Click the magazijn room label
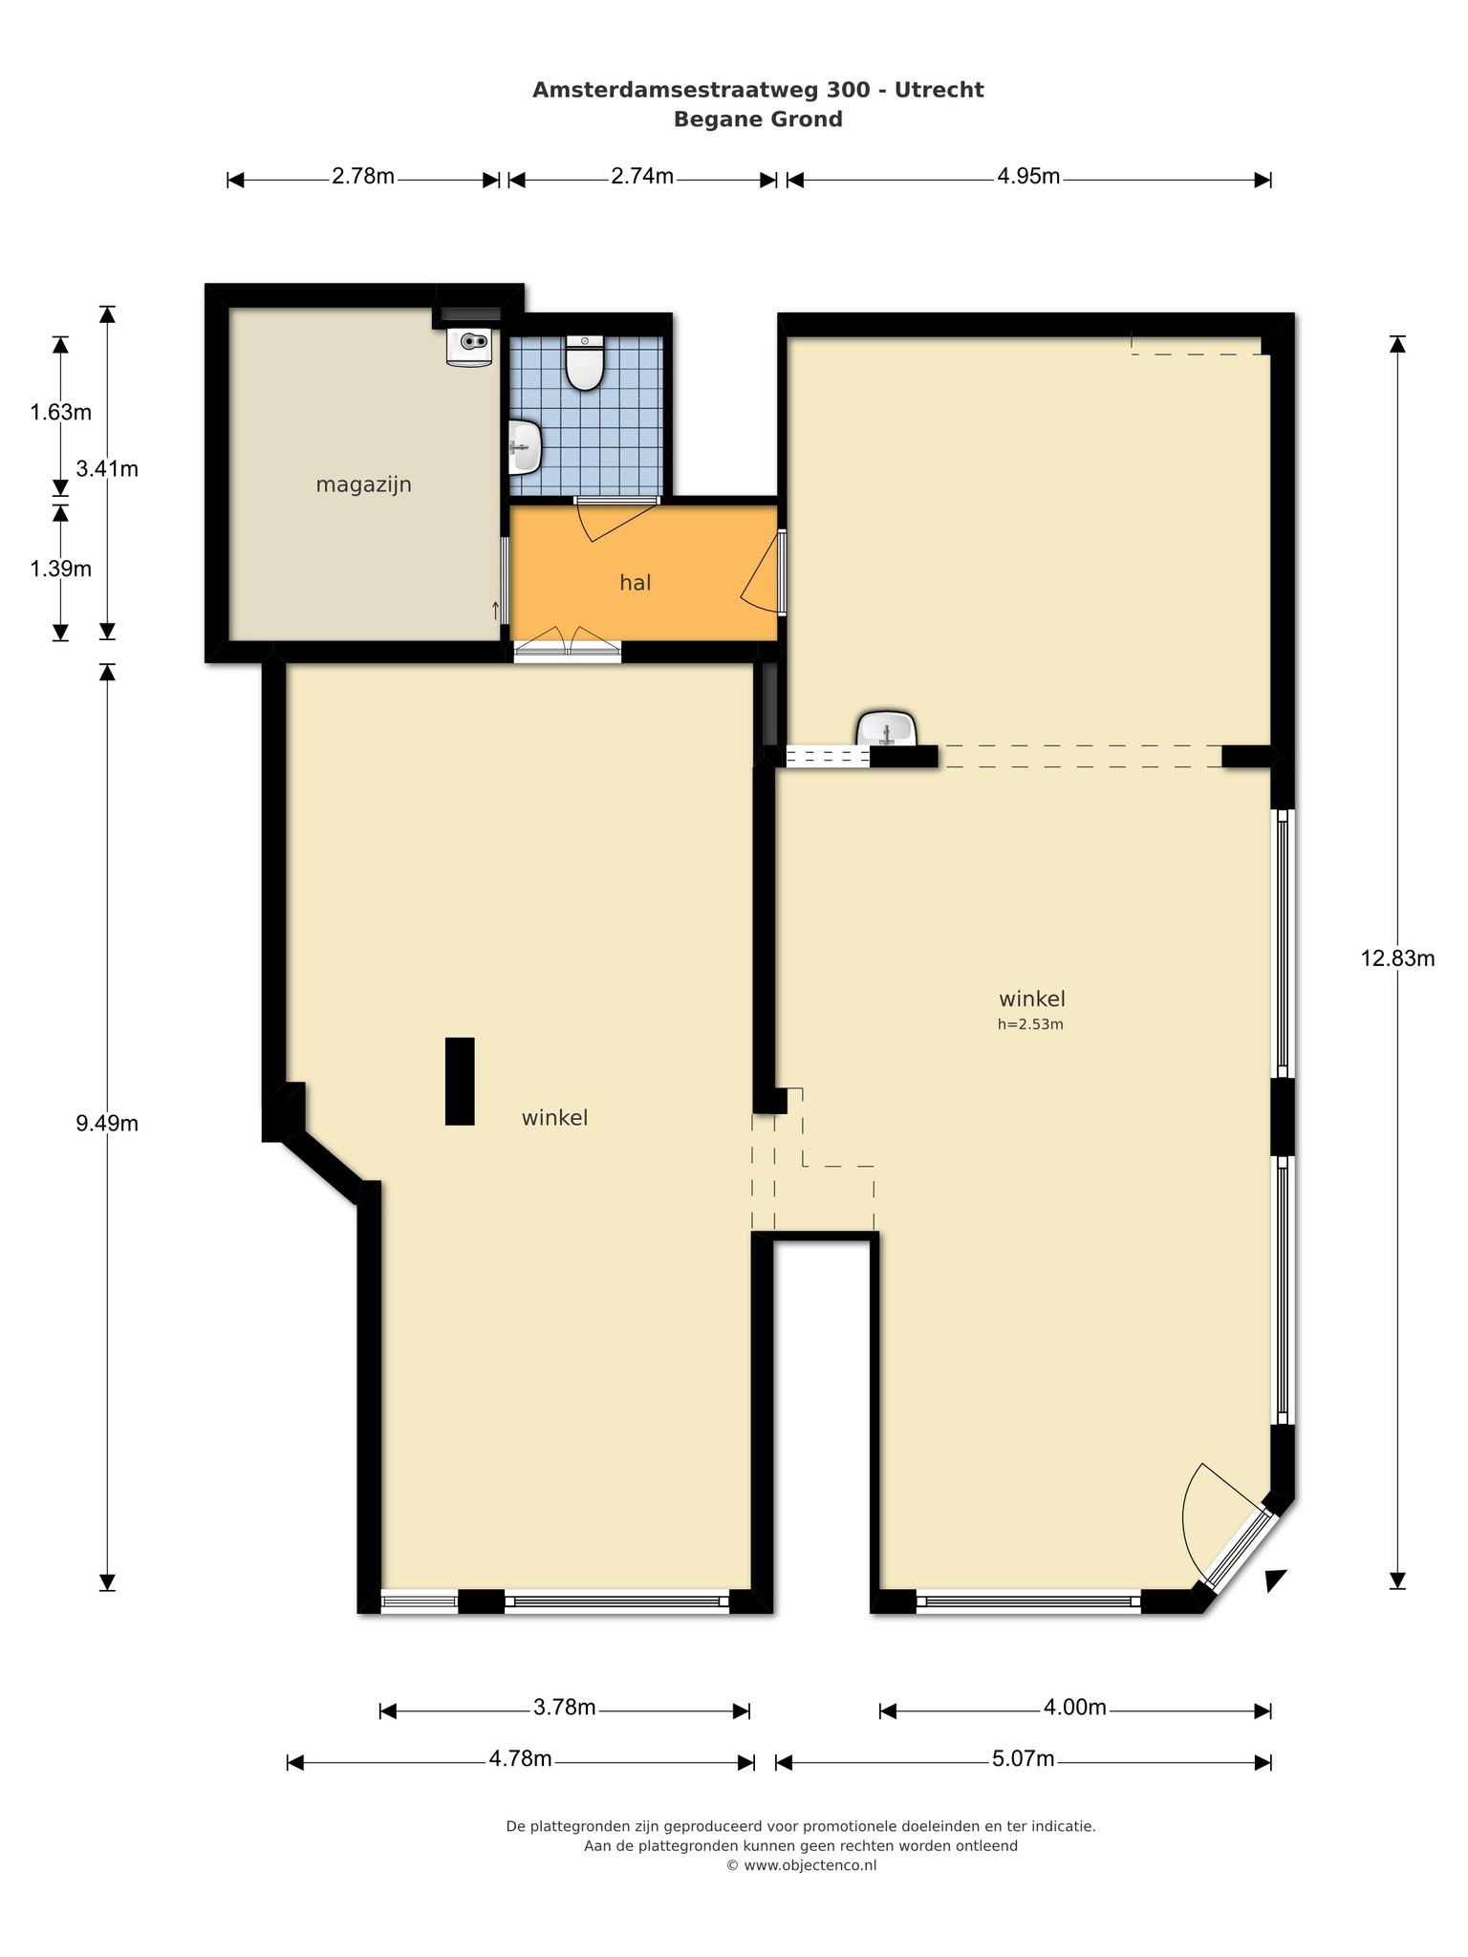[x=364, y=484]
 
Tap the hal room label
[x=636, y=582]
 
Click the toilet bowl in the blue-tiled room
[x=585, y=363]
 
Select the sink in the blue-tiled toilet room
[x=525, y=447]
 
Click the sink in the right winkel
[x=887, y=728]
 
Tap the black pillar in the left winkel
[x=460, y=1081]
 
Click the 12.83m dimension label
[x=1398, y=958]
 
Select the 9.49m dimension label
[x=107, y=1123]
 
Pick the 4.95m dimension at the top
[x=1028, y=177]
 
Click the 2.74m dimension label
[x=642, y=177]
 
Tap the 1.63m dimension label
[x=60, y=413]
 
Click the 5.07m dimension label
[x=1024, y=1758]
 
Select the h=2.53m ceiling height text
[x=1031, y=1024]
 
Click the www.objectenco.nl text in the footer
[x=810, y=1864]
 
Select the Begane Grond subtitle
[x=758, y=119]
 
